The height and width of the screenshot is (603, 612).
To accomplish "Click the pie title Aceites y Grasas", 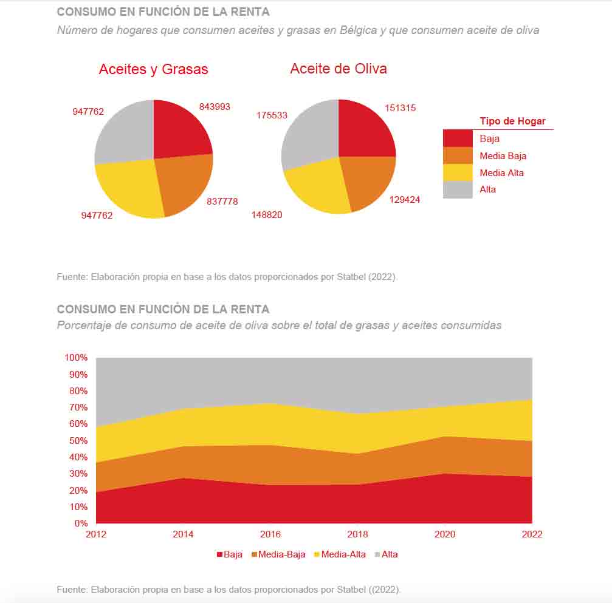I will pyautogui.click(x=153, y=69).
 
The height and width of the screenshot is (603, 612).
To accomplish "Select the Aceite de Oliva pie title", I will pyautogui.click(x=339, y=69).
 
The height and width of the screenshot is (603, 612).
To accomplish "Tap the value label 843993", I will pyautogui.click(x=215, y=107).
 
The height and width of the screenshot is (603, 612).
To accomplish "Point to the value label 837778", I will pyautogui.click(x=222, y=201).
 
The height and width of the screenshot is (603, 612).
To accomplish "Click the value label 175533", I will pyautogui.click(x=272, y=115).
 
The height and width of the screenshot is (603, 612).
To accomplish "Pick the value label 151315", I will pyautogui.click(x=400, y=108).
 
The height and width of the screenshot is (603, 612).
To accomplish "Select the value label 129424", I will pyautogui.click(x=404, y=199).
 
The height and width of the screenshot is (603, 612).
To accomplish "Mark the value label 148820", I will pyautogui.click(x=267, y=215).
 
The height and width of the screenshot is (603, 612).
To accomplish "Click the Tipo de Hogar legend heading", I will pyautogui.click(x=512, y=121).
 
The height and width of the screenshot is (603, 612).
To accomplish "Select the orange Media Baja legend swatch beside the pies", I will pyautogui.click(x=458, y=156).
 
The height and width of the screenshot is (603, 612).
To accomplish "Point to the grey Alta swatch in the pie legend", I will pyautogui.click(x=458, y=189).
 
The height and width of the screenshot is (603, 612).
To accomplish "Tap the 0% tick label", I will pyautogui.click(x=81, y=523).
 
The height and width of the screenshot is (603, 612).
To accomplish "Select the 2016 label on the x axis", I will pyautogui.click(x=270, y=534).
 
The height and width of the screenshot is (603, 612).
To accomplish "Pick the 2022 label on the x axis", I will pyautogui.click(x=532, y=534).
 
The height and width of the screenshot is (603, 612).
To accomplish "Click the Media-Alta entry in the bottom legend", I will pyautogui.click(x=339, y=554).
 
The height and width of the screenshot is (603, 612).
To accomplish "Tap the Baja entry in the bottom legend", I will pyautogui.click(x=229, y=554).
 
